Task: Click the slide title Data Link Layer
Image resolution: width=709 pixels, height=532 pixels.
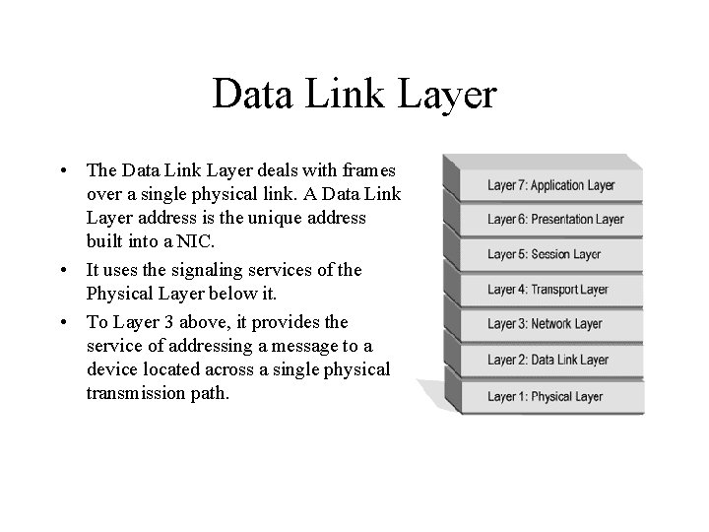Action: click(x=354, y=95)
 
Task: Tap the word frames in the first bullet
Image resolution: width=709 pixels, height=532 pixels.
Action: click(x=368, y=169)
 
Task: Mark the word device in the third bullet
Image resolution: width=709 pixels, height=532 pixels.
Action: click(x=109, y=369)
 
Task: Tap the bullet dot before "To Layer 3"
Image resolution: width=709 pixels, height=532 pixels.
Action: click(x=64, y=322)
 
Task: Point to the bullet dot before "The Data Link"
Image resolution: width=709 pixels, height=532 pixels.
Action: click(x=64, y=169)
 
